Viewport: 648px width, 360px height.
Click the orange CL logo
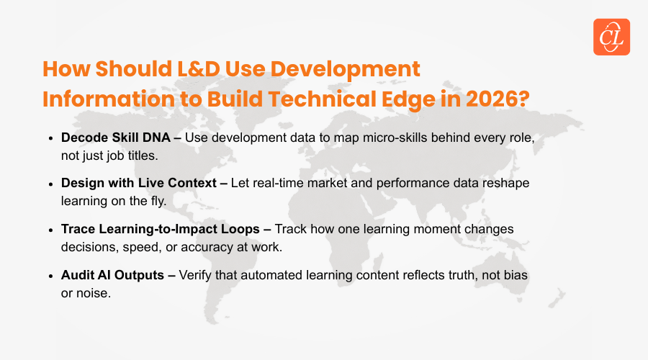[x=611, y=37]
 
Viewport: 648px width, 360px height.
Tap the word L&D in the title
[x=199, y=68]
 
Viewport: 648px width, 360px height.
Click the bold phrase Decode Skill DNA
[x=116, y=138]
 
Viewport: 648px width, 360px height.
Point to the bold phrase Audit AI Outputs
[x=112, y=275]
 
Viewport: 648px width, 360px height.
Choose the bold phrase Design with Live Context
[x=139, y=183]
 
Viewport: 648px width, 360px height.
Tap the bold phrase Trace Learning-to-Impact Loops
[x=161, y=229]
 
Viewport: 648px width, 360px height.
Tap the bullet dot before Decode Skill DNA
[x=50, y=138]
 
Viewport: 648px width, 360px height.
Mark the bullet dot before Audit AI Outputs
[x=50, y=276]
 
